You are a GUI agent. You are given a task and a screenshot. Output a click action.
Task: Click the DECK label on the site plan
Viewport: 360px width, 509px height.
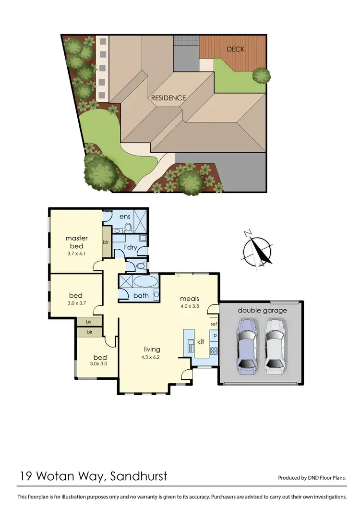click(236, 49)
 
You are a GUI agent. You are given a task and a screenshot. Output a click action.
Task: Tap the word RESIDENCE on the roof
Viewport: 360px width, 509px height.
click(168, 98)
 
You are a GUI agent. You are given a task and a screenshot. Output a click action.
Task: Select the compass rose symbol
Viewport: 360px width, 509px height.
click(258, 250)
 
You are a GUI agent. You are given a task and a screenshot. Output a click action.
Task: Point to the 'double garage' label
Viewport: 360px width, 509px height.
click(262, 310)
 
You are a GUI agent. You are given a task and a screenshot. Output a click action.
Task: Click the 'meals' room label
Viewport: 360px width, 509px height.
click(189, 298)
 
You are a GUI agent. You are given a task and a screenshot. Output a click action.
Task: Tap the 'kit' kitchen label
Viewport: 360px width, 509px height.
click(201, 341)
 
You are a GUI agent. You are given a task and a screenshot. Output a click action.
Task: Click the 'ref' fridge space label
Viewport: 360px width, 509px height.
click(214, 324)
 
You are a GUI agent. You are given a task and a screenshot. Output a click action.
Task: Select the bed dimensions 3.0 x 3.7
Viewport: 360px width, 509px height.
click(75, 303)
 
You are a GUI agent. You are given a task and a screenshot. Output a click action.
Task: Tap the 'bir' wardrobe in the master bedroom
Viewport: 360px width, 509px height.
click(106, 242)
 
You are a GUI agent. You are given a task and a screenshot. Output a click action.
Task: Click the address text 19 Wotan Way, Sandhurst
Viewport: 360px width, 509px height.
click(94, 476)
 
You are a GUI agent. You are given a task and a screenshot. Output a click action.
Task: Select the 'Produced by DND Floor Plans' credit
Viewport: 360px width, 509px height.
click(312, 478)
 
